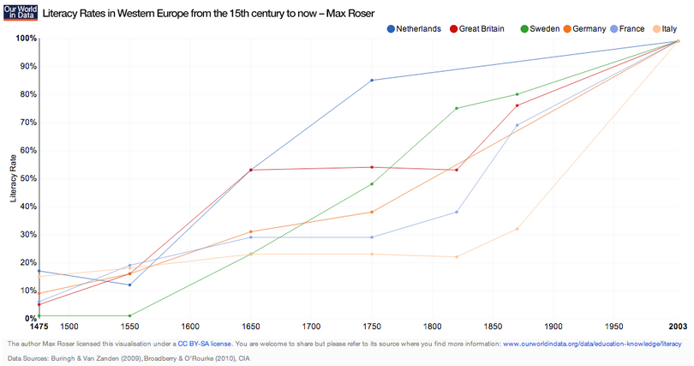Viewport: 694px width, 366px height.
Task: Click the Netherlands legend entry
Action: (414, 28)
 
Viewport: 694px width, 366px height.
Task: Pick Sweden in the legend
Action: (540, 28)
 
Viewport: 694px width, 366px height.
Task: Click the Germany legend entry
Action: (583, 28)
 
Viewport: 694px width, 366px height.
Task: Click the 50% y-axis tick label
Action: (27, 178)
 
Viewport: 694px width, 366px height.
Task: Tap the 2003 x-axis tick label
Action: (677, 327)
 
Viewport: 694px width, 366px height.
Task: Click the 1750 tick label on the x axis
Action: (371, 327)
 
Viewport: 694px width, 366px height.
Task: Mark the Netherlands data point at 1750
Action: (371, 80)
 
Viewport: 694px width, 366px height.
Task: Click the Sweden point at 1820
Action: (456, 108)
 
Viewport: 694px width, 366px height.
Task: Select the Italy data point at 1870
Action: (517, 228)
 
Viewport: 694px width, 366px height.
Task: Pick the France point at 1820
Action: (456, 212)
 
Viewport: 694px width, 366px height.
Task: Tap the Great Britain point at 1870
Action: (517, 105)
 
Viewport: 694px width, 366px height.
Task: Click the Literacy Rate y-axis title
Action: (13, 178)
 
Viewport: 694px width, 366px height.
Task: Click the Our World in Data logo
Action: (18, 12)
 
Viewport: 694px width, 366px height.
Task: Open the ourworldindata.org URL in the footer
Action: (591, 343)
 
